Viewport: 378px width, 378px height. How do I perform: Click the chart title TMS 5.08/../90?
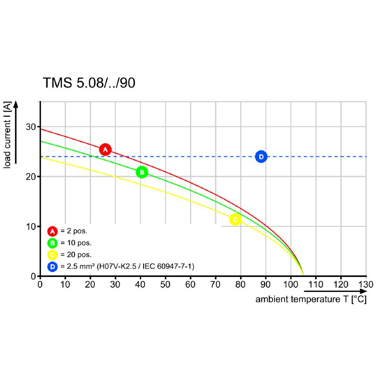(x=89, y=83)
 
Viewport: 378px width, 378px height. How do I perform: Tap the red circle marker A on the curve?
(x=105, y=149)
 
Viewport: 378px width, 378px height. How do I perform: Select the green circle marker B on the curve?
(x=142, y=172)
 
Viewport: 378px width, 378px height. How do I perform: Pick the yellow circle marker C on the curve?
(x=235, y=219)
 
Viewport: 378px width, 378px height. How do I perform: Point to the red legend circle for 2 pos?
(x=52, y=231)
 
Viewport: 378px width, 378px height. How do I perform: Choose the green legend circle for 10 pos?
(x=52, y=243)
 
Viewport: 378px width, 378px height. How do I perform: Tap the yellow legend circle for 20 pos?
(x=52, y=255)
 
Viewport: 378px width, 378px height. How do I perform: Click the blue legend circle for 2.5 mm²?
(x=52, y=267)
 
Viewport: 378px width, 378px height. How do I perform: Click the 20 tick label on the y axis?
(x=31, y=177)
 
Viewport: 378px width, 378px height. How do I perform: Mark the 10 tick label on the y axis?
(x=31, y=226)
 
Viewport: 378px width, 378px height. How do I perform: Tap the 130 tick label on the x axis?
(x=366, y=284)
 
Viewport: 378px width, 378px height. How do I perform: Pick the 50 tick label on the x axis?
(x=165, y=284)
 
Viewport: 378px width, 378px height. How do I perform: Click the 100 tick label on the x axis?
(x=291, y=284)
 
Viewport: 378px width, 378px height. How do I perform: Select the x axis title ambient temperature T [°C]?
(x=311, y=300)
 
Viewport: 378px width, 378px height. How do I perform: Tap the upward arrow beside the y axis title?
(x=16, y=132)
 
